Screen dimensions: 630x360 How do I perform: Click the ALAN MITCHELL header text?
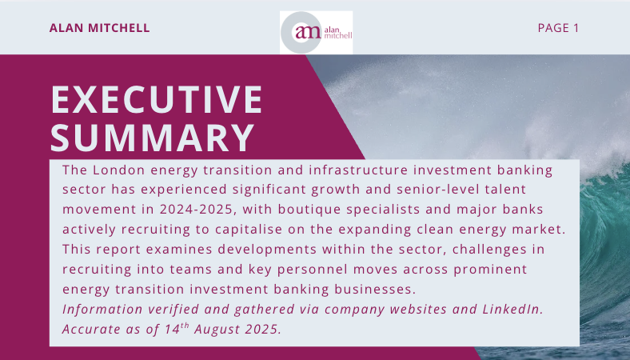tap(100, 28)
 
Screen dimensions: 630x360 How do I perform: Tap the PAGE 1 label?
tap(558, 28)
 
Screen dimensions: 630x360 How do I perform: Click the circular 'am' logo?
tap(301, 32)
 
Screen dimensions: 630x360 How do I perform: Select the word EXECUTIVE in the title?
tap(156, 99)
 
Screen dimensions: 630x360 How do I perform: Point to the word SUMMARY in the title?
tap(153, 138)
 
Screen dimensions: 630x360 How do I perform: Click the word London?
tap(118, 170)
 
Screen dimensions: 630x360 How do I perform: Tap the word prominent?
tap(490, 269)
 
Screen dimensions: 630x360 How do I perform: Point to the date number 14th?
tap(177, 328)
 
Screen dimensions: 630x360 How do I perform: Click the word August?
tap(217, 329)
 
